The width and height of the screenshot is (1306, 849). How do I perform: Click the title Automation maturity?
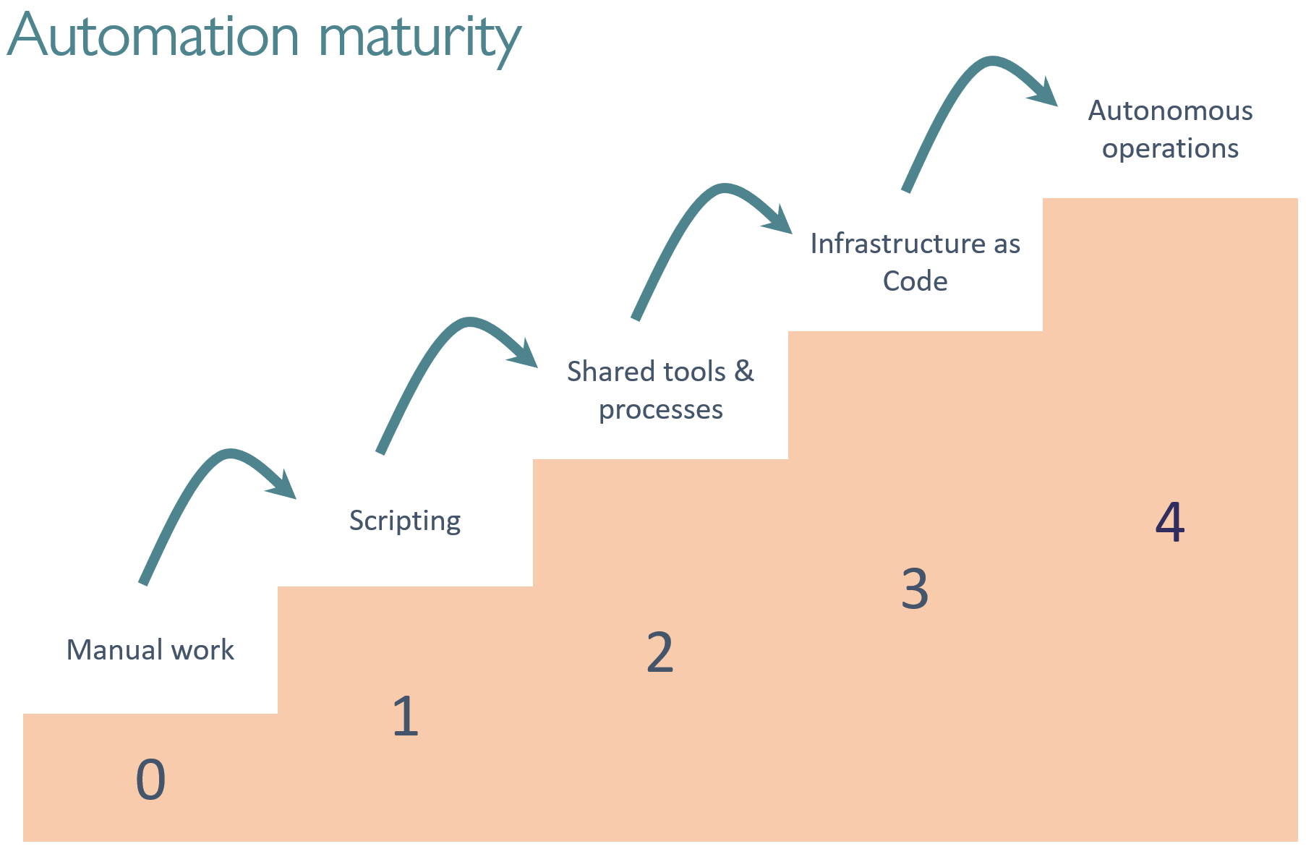[264, 38]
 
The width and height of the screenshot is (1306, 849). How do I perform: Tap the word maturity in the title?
[419, 40]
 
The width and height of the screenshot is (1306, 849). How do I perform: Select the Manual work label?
[150, 649]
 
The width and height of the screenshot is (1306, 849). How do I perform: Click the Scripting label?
[405, 521]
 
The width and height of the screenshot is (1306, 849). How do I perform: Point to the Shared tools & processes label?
[660, 391]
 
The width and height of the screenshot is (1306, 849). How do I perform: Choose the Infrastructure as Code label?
[915, 262]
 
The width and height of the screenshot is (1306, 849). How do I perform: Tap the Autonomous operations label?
[1170, 129]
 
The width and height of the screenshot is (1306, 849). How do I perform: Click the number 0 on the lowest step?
[150, 780]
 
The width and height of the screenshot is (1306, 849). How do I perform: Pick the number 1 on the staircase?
[406, 716]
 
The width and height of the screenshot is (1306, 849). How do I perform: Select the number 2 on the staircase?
[660, 652]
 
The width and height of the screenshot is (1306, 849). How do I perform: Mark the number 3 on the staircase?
[915, 589]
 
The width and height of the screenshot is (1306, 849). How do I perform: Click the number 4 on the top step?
[1170, 521]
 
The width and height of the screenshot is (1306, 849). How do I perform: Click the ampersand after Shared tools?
[744, 371]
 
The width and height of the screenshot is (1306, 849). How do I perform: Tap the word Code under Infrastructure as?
[915, 281]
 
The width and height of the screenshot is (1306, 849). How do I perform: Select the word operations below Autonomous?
[1170, 149]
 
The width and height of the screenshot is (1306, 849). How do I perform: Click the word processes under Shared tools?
[661, 410]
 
